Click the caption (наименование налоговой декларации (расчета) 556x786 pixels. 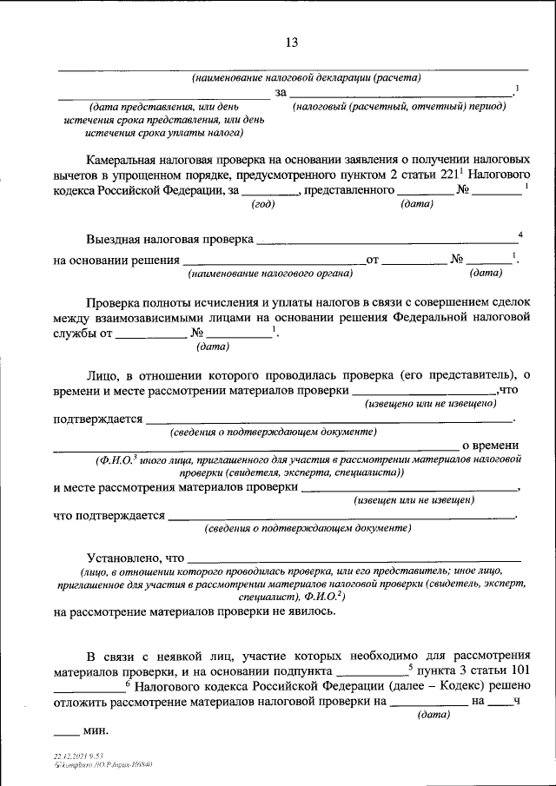(307, 77)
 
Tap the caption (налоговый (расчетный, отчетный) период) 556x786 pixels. (399, 105)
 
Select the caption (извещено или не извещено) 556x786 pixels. (431, 404)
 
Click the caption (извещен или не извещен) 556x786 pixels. (413, 501)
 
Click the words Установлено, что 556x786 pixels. (136, 557)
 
